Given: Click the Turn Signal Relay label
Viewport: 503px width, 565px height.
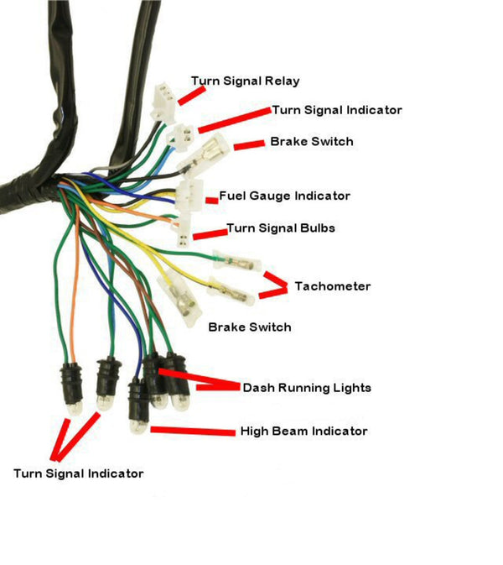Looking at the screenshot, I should (x=245, y=81).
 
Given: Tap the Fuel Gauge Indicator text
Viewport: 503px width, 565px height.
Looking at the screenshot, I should (x=284, y=196).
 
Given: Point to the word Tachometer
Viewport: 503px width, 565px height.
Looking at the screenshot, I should (x=332, y=287).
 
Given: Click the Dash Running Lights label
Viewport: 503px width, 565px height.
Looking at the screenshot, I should (x=306, y=388).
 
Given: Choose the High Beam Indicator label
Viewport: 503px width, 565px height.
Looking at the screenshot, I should (x=303, y=432).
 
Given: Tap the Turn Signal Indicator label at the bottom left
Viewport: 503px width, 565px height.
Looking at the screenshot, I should (x=78, y=473).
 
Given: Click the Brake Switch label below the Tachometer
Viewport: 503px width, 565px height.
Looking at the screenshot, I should (x=250, y=327).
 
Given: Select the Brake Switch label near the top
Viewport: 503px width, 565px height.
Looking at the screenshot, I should (x=311, y=142).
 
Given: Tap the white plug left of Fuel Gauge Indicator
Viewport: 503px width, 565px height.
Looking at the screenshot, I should (x=189, y=196).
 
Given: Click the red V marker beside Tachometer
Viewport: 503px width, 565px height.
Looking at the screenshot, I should (x=273, y=285).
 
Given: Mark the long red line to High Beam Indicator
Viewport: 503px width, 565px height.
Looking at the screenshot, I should (x=192, y=432).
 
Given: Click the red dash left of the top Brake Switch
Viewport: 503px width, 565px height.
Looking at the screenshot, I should (x=248, y=146).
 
